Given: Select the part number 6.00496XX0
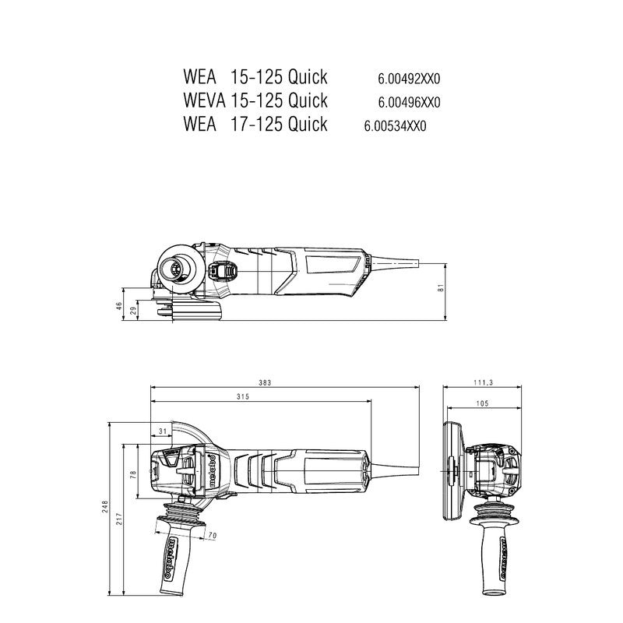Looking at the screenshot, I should click(x=409, y=102).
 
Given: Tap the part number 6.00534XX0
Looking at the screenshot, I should click(x=395, y=125).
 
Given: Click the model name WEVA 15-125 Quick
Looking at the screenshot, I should click(x=255, y=100).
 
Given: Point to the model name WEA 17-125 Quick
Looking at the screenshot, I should click(x=255, y=124).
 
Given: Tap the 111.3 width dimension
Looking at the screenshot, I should click(x=483, y=382).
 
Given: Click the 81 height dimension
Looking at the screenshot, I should click(x=441, y=288).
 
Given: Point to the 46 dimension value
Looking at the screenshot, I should click(x=120, y=306).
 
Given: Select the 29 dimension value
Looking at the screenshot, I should click(x=133, y=311).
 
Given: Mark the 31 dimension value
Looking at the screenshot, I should click(x=163, y=431).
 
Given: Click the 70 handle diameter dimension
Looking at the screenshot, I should click(x=212, y=536).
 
